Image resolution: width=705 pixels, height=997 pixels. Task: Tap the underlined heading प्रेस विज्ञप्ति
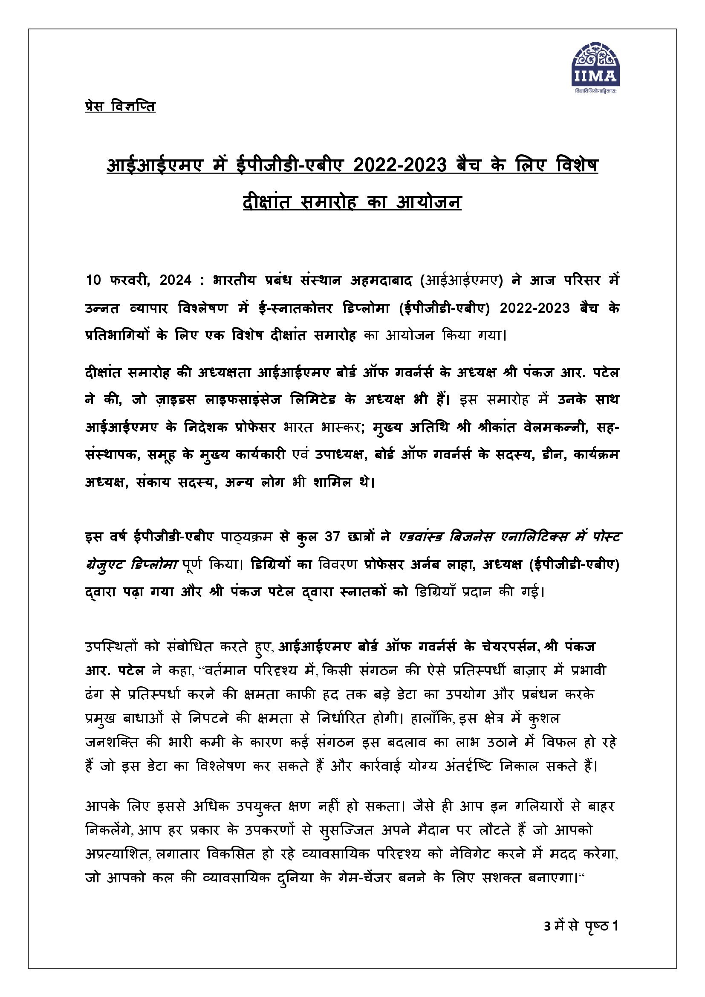(x=120, y=107)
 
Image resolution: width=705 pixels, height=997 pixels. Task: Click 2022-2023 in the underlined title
(x=400, y=165)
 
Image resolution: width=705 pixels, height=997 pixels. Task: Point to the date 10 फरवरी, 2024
(x=139, y=280)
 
